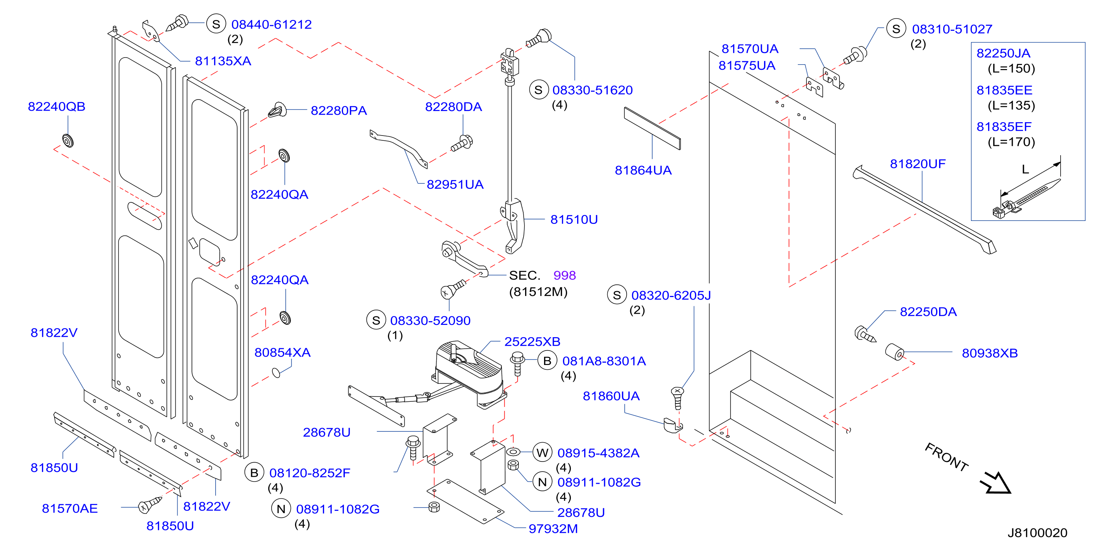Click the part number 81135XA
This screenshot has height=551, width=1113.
pos(223,61)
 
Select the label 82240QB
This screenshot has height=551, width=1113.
pos(56,107)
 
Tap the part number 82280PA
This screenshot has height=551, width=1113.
pos(339,111)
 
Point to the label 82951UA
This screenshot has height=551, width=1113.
pos(455,185)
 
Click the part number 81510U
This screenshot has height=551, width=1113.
pos(574,219)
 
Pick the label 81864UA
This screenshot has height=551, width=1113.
pos(643,170)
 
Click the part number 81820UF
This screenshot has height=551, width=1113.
pos(918,164)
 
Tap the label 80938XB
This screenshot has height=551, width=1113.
pos(989,353)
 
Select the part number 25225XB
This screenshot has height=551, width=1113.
pos(532,342)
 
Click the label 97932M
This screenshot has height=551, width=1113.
pos(553,529)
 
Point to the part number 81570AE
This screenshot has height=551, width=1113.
pos(69,508)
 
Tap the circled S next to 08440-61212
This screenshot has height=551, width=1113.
pos(216,24)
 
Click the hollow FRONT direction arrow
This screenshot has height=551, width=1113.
pos(996,483)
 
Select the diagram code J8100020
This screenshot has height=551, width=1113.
pos(1038,533)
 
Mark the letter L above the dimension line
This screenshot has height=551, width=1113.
pos(1025,170)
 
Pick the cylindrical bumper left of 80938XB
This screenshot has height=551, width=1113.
pos(894,352)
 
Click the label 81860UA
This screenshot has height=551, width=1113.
pos(611,396)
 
